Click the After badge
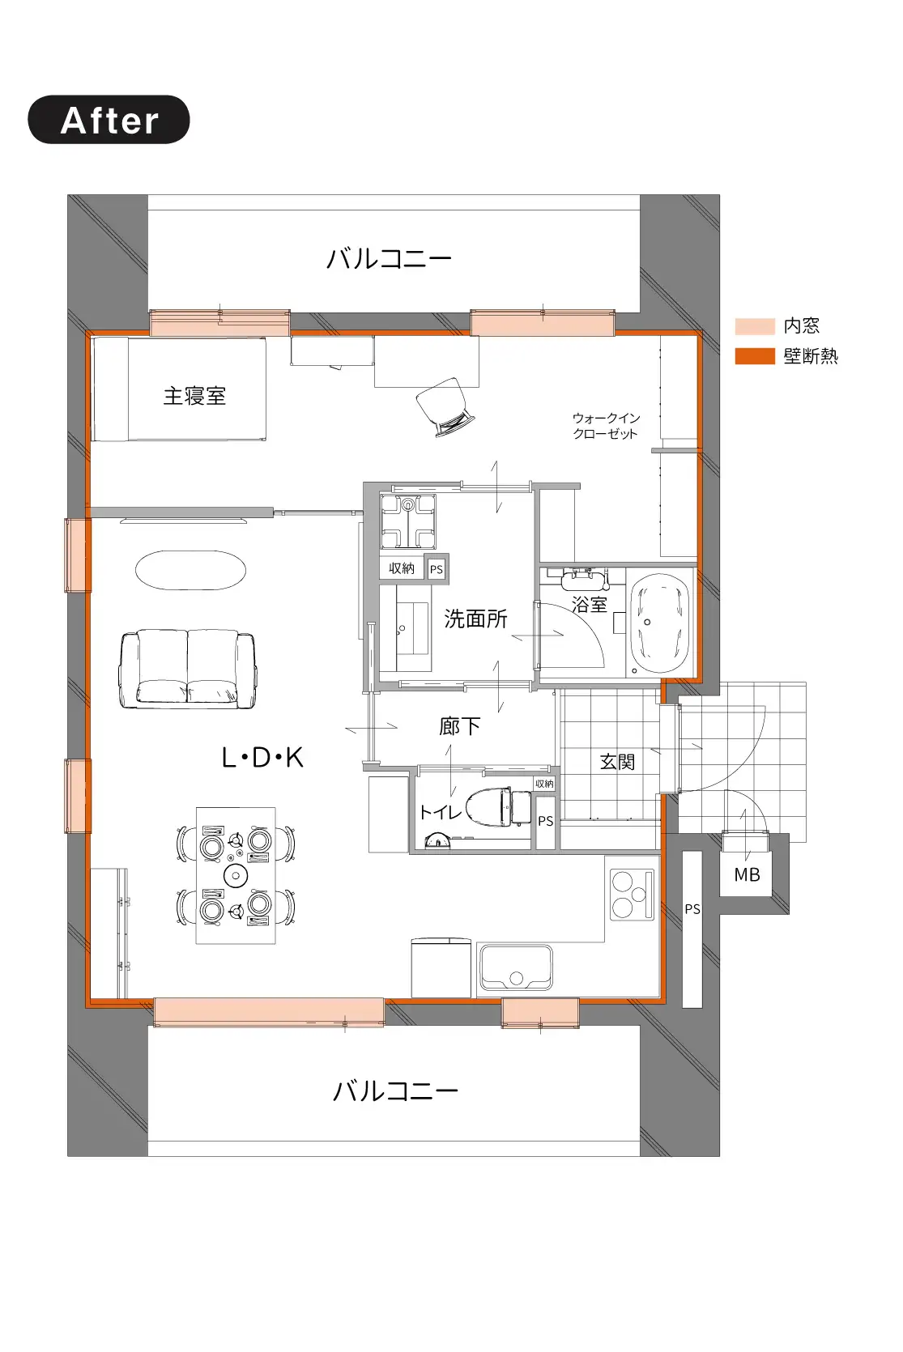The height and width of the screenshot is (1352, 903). pyautogui.click(x=109, y=120)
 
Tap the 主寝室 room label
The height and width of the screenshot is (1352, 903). pyautogui.click(x=194, y=396)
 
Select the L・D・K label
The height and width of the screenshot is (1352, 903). pyautogui.click(x=262, y=758)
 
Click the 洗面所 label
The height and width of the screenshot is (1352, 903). pyautogui.click(x=475, y=619)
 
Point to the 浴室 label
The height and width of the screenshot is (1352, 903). pyautogui.click(x=589, y=604)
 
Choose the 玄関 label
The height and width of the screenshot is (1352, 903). pyautogui.click(x=617, y=762)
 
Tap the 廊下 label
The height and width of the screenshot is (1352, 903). pyautogui.click(x=459, y=726)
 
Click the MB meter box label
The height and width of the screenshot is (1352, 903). pyautogui.click(x=747, y=874)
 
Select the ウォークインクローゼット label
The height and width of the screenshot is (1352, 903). pyautogui.click(x=606, y=426)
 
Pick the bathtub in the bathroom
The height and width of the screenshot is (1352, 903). pyautogui.click(x=659, y=623)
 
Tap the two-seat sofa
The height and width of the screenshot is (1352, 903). pyautogui.click(x=188, y=669)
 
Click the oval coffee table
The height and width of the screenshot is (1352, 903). pyautogui.click(x=191, y=570)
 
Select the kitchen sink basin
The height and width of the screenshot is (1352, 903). pyautogui.click(x=516, y=967)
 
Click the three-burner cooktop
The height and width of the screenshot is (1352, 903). pyautogui.click(x=632, y=895)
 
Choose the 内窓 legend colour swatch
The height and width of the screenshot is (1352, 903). pyautogui.click(x=755, y=326)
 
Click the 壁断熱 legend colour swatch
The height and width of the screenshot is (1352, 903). pyautogui.click(x=755, y=356)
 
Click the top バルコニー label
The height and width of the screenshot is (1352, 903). pyautogui.click(x=389, y=259)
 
